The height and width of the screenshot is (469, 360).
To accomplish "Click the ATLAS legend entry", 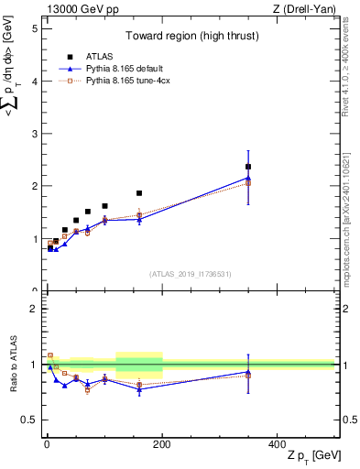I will (106, 56).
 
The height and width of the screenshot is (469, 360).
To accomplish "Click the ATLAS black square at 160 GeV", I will (139, 193).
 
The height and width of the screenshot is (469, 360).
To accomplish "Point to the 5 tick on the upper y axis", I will (34, 28).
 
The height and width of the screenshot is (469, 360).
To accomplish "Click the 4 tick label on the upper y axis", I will (34, 82).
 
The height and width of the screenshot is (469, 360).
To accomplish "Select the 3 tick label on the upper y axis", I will (34, 134).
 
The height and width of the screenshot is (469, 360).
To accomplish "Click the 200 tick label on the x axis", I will (161, 444).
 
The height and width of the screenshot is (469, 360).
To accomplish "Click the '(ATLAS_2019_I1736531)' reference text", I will (191, 273).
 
